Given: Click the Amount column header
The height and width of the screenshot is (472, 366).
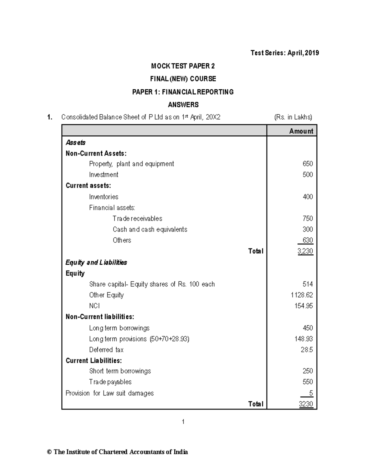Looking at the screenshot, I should pyautogui.click(x=301, y=131).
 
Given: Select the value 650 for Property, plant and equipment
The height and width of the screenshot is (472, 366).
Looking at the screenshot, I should pyautogui.click(x=307, y=164).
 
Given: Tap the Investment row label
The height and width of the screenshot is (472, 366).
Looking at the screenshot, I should pyautogui.click(x=103, y=175).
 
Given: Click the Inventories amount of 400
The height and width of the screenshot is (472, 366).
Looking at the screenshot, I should pyautogui.click(x=307, y=197).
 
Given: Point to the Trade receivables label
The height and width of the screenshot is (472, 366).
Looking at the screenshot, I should pyautogui.click(x=137, y=219).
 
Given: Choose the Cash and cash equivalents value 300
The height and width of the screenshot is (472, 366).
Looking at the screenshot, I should pyautogui.click(x=307, y=229).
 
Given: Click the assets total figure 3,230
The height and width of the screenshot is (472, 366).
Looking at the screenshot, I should pyautogui.click(x=305, y=251).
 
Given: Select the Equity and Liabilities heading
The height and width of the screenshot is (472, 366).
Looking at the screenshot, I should pyautogui.click(x=96, y=263).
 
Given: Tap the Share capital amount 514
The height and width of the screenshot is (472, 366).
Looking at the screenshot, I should pyautogui.click(x=307, y=284).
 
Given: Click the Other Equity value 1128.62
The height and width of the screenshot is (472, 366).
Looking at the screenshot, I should pyautogui.click(x=302, y=295).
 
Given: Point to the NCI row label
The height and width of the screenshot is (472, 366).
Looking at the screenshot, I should pyautogui.click(x=94, y=306).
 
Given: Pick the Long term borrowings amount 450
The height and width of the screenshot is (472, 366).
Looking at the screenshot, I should pyautogui.click(x=307, y=328).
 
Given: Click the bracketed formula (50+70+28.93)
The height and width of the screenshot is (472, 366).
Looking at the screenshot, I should pyautogui.click(x=169, y=339).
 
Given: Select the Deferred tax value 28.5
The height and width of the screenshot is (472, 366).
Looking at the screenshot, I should pyautogui.click(x=307, y=350).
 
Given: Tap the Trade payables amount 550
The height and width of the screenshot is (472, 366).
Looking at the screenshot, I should pyautogui.click(x=307, y=382).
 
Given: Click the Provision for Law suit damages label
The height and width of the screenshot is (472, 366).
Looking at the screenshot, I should pyautogui.click(x=109, y=393).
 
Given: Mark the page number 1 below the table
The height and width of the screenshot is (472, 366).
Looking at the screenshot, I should pyautogui.click(x=183, y=422).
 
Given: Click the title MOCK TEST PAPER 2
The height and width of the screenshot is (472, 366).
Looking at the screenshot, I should pyautogui.click(x=183, y=66).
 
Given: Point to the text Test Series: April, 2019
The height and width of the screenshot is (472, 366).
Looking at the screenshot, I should pyautogui.click(x=285, y=53).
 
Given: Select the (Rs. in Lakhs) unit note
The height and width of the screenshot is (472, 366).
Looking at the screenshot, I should pyautogui.click(x=293, y=117).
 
